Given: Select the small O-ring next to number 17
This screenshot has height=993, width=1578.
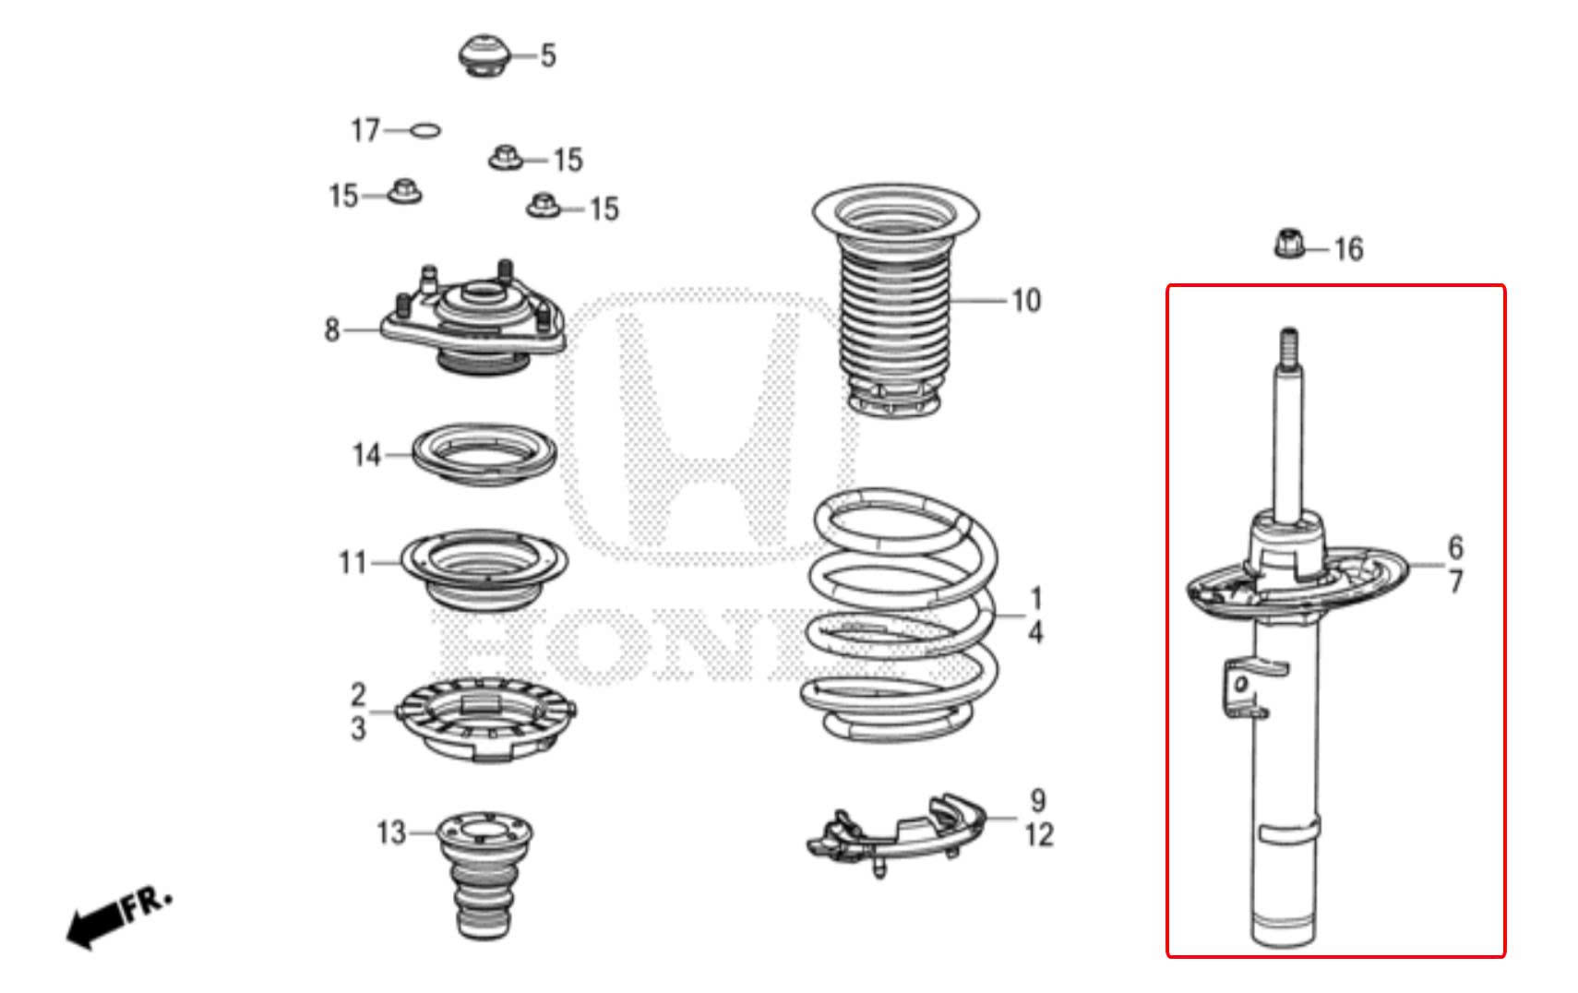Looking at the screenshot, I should point(424,130).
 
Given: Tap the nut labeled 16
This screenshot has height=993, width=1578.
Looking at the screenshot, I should point(1289,245).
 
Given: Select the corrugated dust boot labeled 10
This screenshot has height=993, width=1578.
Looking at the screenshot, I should point(893,305).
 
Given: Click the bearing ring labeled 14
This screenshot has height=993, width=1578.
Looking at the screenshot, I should point(483,454).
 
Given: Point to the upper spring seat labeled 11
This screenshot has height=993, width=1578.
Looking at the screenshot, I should point(484,568).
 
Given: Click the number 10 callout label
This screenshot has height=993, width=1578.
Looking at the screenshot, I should point(1026,301).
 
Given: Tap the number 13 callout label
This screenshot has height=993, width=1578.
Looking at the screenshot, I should point(391,833).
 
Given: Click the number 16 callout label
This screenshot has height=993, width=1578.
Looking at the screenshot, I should point(1348,249).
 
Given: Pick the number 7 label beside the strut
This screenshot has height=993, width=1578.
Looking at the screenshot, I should point(1455,582).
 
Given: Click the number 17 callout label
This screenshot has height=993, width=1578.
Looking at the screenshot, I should point(365,130).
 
